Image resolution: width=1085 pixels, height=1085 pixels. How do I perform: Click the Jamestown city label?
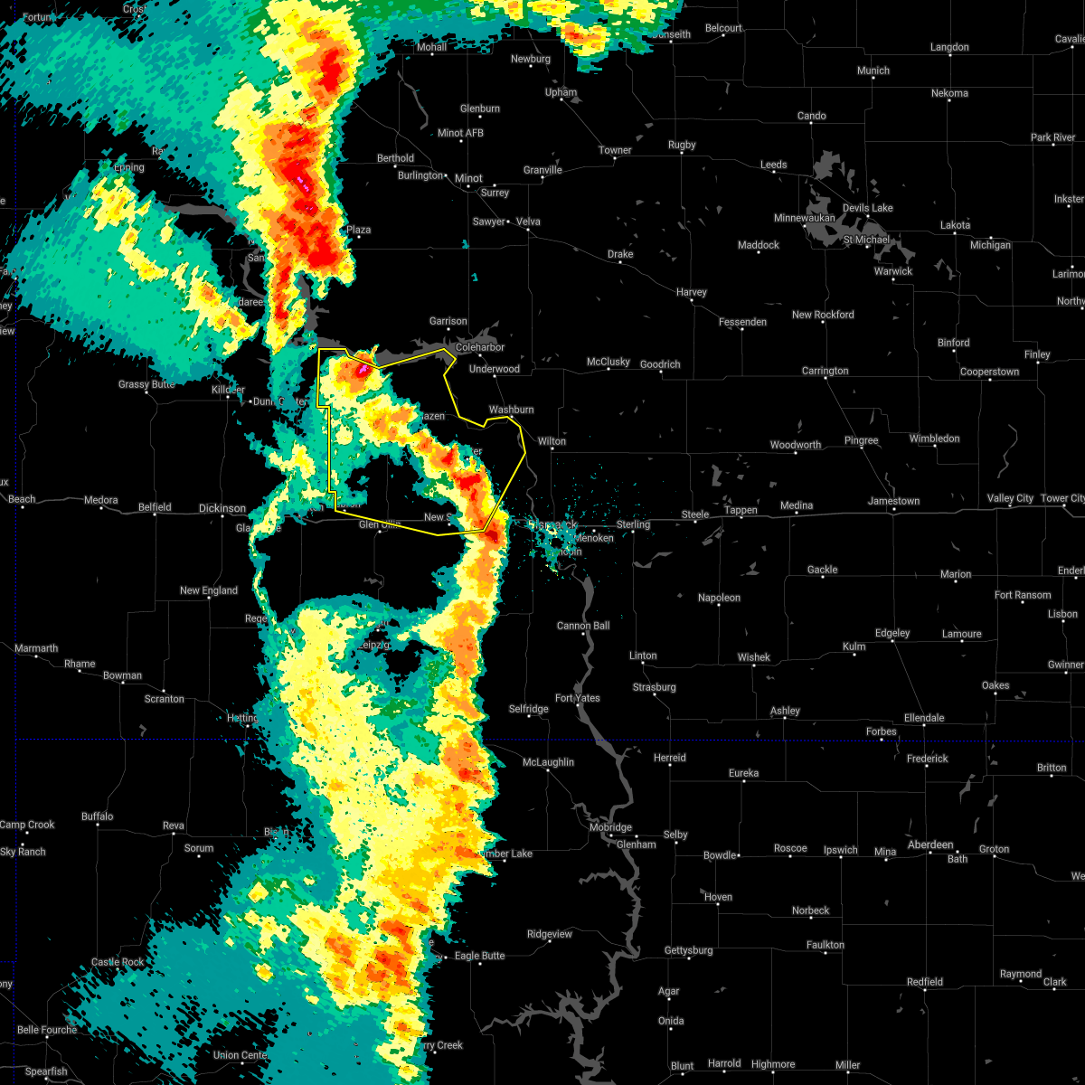click(893, 501)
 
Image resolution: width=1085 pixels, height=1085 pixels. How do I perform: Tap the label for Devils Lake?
click(867, 208)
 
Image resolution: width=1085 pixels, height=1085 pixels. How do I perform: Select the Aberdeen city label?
click(930, 844)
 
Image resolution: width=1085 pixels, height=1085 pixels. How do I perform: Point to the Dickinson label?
click(222, 508)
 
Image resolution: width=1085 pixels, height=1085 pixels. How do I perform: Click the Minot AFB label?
click(461, 133)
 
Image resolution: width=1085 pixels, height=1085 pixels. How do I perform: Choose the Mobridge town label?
click(610, 827)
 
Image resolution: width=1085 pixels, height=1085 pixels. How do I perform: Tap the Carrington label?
click(825, 371)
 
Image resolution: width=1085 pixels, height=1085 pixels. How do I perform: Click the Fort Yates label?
click(577, 698)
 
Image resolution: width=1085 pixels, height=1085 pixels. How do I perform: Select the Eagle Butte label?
click(479, 956)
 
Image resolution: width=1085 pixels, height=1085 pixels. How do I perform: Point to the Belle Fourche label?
click(46, 1030)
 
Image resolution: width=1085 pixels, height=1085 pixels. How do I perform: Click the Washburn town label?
click(511, 410)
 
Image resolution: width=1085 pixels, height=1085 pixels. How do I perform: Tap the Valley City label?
click(1010, 499)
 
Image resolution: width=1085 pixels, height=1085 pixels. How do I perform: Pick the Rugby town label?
click(682, 145)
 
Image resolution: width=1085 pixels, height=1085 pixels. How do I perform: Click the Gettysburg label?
click(688, 950)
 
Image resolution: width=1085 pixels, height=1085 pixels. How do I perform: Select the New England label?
click(208, 590)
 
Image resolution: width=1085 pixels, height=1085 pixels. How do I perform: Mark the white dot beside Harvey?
click(692, 302)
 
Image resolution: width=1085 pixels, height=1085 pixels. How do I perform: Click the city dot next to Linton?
click(643, 665)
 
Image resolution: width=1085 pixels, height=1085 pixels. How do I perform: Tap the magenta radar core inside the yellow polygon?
click(363, 370)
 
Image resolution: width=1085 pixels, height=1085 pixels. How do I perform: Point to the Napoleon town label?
click(719, 598)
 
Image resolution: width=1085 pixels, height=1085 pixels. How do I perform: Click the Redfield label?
click(924, 982)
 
